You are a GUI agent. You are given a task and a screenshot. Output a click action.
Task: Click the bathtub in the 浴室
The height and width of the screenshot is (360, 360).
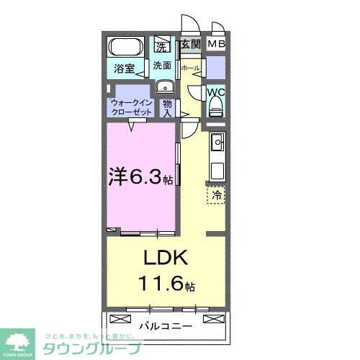127,49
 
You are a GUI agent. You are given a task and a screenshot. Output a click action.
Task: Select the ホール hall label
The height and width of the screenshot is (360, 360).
190,68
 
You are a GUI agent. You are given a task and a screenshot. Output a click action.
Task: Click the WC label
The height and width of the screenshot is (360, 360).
216,93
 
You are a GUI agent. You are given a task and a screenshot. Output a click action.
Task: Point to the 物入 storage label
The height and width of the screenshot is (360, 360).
166,108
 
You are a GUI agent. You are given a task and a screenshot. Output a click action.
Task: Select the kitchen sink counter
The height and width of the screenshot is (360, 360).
216,156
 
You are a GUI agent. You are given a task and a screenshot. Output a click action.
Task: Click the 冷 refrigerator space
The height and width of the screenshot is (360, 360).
215,194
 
